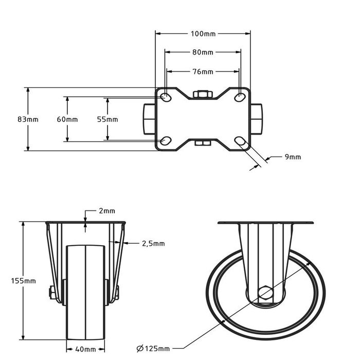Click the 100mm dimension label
tap(203, 34)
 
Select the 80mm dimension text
tap(203, 52)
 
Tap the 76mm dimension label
tap(203, 72)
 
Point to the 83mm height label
tap(28, 119)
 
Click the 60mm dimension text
tap(67, 119)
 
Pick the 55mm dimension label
tap(107, 119)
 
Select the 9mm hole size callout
tap(293, 157)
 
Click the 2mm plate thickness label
tap(107, 211)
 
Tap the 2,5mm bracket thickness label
tap(153, 244)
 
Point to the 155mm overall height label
tap(24, 281)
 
